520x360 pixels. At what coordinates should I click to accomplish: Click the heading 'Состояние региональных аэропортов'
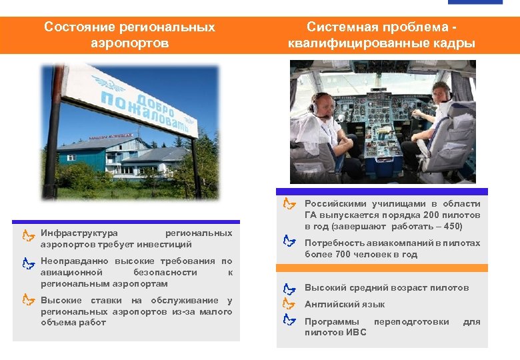click(129, 35)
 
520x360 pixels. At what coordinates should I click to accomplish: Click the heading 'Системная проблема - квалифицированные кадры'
click(382, 35)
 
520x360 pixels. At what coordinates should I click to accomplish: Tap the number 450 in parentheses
click(460, 226)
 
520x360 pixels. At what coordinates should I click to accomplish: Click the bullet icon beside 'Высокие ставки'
click(27, 300)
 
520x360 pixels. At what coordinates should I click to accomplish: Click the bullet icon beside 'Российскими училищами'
click(289, 203)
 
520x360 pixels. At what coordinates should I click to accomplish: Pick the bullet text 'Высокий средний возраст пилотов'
click(387, 288)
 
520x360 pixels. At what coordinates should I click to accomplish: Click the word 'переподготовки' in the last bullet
click(411, 321)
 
